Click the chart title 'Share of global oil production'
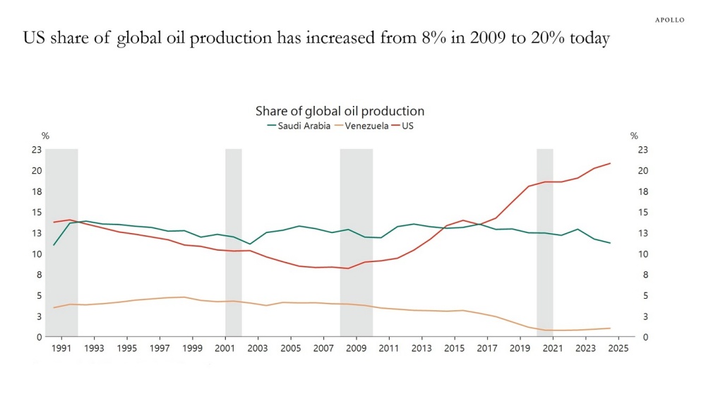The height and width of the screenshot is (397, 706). (x=340, y=111)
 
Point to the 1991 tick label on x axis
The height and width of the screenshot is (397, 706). (x=62, y=348)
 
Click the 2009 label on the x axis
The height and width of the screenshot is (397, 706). (x=357, y=348)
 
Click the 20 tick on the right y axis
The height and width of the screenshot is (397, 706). (x=642, y=170)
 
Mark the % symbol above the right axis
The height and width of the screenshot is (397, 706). (x=634, y=136)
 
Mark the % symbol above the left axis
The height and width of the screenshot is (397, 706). (x=45, y=136)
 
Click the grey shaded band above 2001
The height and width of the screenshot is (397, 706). (x=233, y=240)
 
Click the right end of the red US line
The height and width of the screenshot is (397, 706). (x=610, y=163)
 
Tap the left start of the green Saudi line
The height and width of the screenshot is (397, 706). (x=54, y=245)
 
